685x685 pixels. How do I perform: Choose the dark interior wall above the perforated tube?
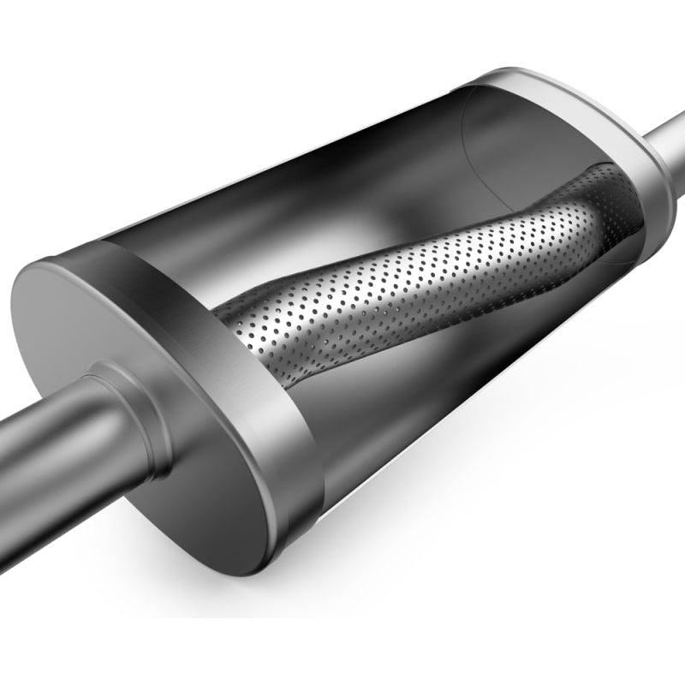click(x=342, y=197)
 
